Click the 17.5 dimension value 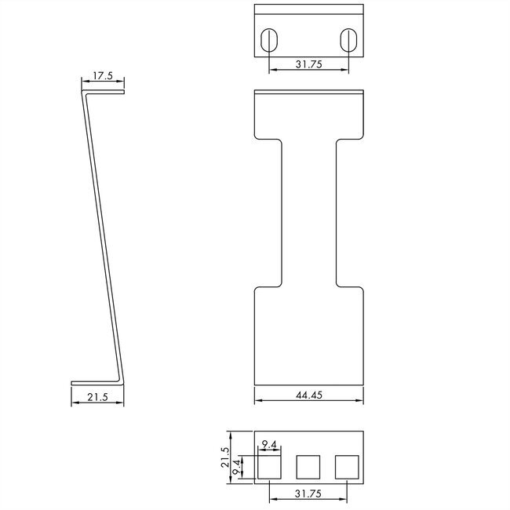[x=103, y=76]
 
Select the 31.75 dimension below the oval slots [x=309, y=65]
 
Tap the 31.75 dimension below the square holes [x=309, y=494]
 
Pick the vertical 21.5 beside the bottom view [x=226, y=457]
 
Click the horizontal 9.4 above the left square [x=269, y=446]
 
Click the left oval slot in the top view [x=269, y=40]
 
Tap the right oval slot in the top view [x=348, y=40]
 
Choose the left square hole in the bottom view [x=269, y=468]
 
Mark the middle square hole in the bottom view [x=308, y=468]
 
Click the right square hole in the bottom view [x=348, y=468]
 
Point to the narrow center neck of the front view [x=309, y=212]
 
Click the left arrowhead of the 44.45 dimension [x=257, y=403]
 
